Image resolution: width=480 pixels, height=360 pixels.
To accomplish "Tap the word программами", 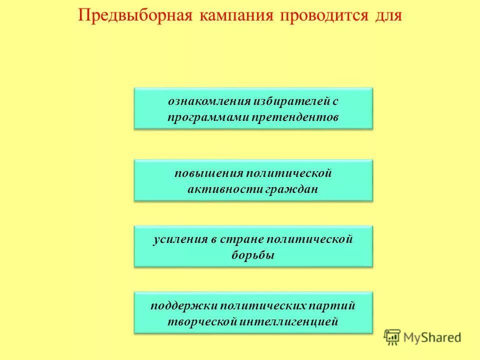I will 208,117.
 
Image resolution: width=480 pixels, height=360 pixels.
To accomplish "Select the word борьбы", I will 253,255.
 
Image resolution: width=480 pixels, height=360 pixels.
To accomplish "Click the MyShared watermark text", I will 433,337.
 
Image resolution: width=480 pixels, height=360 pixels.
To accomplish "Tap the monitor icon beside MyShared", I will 392,336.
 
